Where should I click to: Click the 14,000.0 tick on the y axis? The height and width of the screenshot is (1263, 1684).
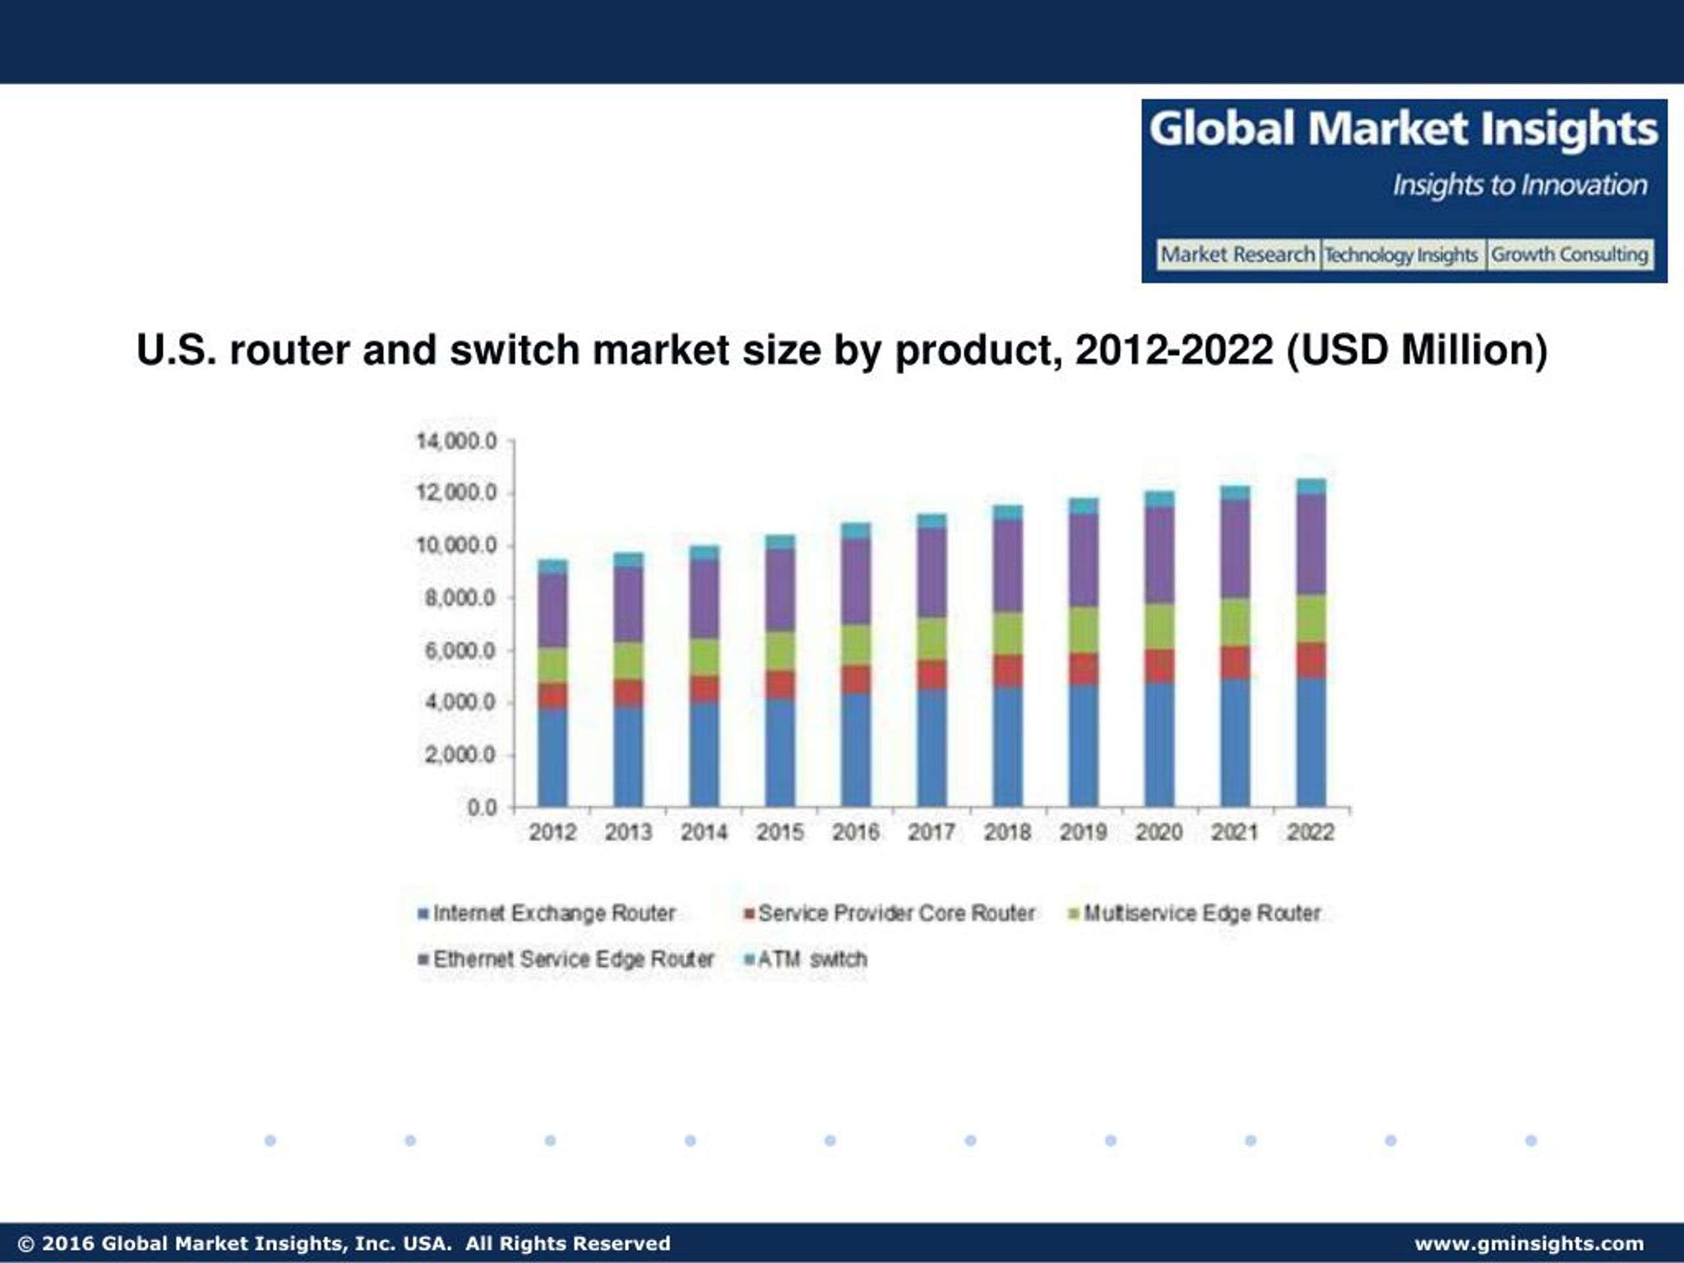point(456,441)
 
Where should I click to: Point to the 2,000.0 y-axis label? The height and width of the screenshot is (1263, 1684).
point(460,755)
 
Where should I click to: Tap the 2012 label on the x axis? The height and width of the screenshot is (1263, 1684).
point(553,832)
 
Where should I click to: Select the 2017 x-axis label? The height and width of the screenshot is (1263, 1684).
point(931,832)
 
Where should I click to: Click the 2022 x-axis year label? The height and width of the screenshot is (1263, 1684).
point(1310,832)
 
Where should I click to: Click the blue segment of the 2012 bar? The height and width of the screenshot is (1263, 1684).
point(553,758)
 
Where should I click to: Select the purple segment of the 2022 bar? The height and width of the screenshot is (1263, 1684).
point(1311,544)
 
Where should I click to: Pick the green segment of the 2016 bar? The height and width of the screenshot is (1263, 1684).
point(856,645)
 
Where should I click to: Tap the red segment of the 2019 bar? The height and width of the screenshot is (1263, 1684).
point(1083,668)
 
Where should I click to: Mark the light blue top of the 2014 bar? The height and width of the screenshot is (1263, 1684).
point(705,553)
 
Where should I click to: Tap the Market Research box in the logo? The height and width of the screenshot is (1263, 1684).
point(1237,255)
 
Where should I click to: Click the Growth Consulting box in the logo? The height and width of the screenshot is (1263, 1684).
point(1569,255)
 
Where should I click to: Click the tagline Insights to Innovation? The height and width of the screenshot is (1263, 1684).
point(1520,185)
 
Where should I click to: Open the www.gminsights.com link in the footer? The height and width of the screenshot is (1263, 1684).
point(1529,1243)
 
